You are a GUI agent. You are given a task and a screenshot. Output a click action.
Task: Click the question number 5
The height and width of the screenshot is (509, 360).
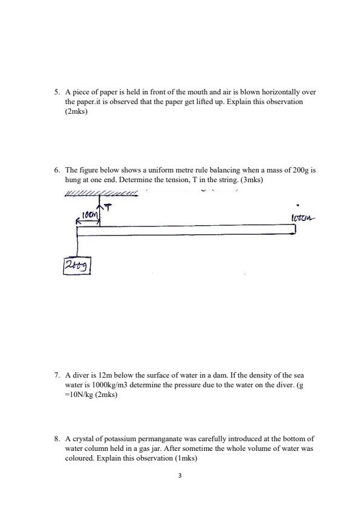pos(56,93)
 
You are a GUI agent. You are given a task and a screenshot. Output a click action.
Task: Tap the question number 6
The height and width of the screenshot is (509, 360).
pos(56,171)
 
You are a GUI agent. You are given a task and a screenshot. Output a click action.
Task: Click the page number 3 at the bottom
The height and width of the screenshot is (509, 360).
pos(180,476)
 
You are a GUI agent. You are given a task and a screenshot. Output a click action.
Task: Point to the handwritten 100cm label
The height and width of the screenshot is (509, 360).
pos(303,218)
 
